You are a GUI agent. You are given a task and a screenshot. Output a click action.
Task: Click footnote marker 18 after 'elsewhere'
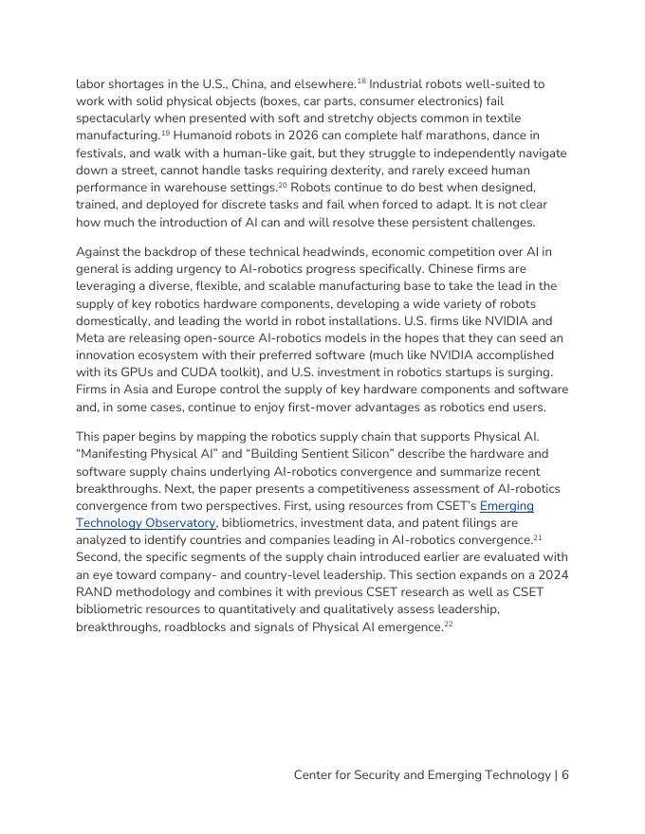click(361, 82)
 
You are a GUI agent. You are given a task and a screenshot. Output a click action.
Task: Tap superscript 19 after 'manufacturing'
click(165, 133)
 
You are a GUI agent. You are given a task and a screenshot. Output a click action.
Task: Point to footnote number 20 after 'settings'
click(283, 184)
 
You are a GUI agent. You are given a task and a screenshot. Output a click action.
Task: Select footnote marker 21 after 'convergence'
click(537, 536)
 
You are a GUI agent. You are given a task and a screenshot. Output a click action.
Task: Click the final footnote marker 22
click(449, 624)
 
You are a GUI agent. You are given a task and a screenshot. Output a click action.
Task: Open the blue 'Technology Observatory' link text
click(146, 523)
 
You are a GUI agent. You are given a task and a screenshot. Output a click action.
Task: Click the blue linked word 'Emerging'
click(507, 506)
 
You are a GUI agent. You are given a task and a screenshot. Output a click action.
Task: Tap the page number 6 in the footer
click(564, 775)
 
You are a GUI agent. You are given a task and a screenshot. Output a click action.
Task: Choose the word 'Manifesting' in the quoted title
click(119, 454)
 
